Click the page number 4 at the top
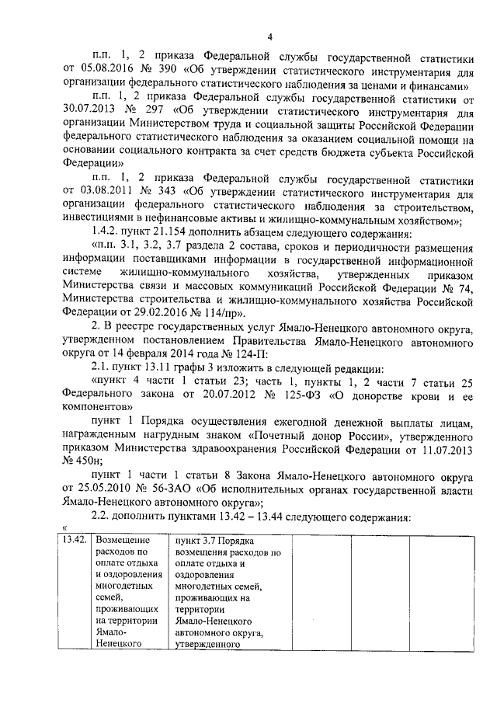point(269,36)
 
